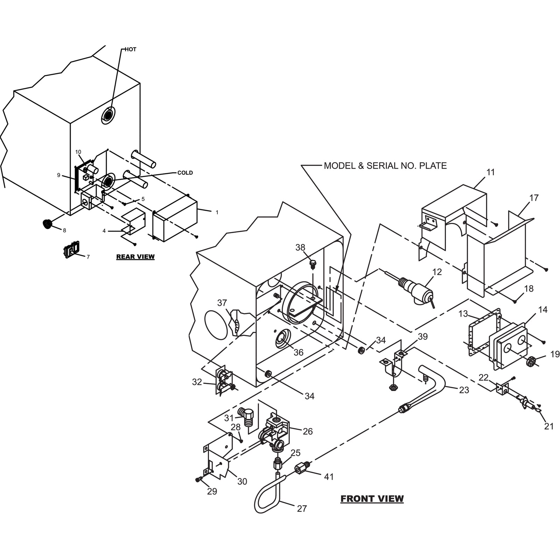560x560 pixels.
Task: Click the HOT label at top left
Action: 131,49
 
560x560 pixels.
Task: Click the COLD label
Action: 185,173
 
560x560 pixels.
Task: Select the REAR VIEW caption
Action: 135,257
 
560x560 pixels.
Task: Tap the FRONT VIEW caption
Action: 372,498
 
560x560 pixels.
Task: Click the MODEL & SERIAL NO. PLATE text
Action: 385,166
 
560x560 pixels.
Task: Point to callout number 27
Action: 302,509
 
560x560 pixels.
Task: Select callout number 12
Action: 437,272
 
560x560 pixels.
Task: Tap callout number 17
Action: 534,198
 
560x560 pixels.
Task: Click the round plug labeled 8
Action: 47,224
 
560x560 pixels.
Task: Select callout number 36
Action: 298,352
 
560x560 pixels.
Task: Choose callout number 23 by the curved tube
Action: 464,390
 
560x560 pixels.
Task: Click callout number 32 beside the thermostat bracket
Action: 197,382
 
